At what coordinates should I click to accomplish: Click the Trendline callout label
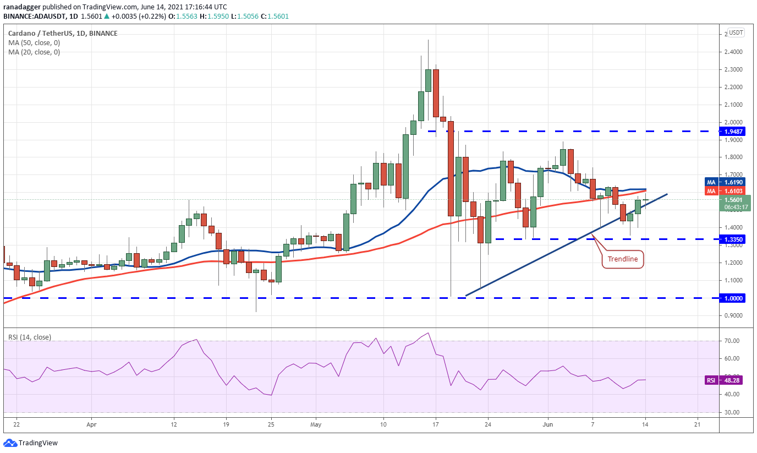click(x=623, y=259)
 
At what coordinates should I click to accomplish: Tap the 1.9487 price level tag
click(x=733, y=131)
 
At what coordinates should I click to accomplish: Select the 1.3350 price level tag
click(x=733, y=239)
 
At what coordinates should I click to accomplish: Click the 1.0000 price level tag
click(x=733, y=298)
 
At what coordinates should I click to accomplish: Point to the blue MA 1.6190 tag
click(x=725, y=182)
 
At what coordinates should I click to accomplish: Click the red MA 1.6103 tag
click(x=725, y=191)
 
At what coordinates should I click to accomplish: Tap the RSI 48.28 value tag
click(x=725, y=380)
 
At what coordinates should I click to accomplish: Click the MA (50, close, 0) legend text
click(x=34, y=43)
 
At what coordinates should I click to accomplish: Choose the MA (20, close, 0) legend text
click(x=34, y=52)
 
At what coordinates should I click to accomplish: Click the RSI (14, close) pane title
click(x=30, y=337)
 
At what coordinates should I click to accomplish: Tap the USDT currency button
click(x=736, y=33)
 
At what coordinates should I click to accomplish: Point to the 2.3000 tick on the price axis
click(x=733, y=69)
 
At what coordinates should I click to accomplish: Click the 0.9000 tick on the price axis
click(x=733, y=315)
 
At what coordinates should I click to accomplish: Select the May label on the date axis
click(x=316, y=424)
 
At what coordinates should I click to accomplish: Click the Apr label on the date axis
click(x=91, y=424)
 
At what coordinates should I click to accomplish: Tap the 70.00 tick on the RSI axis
click(x=732, y=341)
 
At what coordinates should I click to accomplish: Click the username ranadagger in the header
click(x=22, y=7)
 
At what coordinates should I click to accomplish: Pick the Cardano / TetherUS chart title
click(x=41, y=34)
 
